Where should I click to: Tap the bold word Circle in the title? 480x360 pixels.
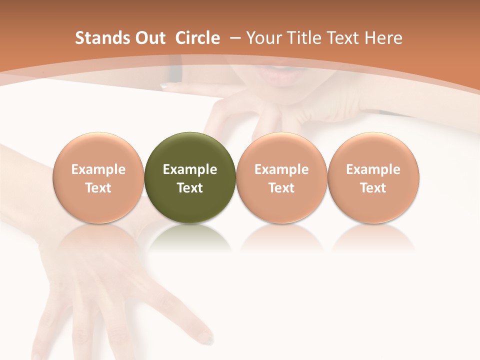[x=197, y=38]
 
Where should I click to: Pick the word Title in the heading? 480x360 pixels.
[x=305, y=38]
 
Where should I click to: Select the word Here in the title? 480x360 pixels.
[x=383, y=38]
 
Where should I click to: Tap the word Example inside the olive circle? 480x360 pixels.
[x=190, y=169]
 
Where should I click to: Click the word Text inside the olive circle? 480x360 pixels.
[x=190, y=188]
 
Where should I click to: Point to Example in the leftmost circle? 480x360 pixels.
[x=98, y=169]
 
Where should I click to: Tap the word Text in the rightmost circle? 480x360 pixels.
[x=373, y=188]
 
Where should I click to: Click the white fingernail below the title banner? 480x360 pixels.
[x=165, y=86]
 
